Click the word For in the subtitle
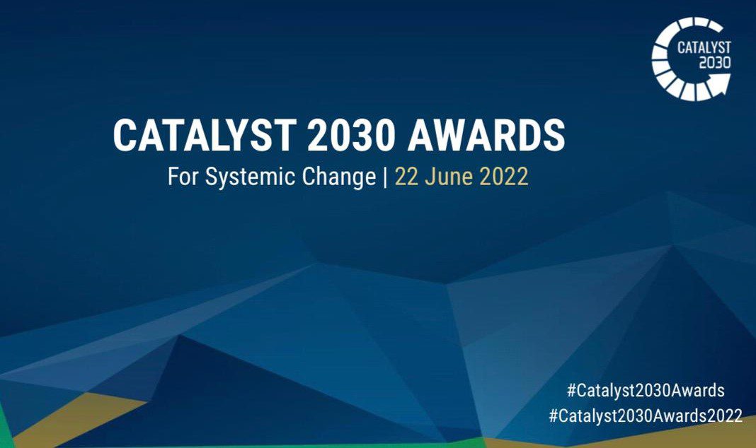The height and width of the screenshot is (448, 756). (183, 177)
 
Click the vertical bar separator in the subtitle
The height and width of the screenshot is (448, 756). (384, 177)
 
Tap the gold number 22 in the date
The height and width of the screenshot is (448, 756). (406, 177)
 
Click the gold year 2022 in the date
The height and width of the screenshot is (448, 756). (504, 177)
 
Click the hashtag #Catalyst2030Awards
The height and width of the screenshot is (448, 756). (646, 390)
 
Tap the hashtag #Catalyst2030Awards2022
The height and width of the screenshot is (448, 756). (646, 415)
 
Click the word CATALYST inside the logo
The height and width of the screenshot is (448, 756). (704, 48)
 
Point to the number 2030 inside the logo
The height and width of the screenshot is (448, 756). (715, 62)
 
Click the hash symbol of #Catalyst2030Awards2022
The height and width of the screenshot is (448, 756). (554, 415)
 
